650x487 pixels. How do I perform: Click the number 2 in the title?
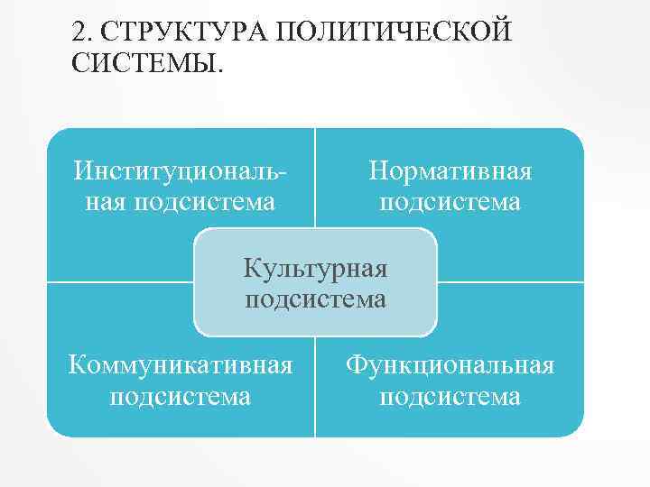pyautogui.click(x=80, y=32)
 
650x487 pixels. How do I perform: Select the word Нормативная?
pyautogui.click(x=450, y=170)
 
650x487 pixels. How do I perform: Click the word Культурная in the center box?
pyautogui.click(x=315, y=267)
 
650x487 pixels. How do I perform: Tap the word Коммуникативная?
pyautogui.click(x=181, y=365)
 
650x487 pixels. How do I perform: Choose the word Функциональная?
pyautogui.click(x=450, y=365)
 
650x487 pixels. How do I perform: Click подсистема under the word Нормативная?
pyautogui.click(x=450, y=202)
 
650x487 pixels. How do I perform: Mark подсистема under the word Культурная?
pyautogui.click(x=315, y=299)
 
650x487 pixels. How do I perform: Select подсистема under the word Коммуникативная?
pyautogui.click(x=181, y=397)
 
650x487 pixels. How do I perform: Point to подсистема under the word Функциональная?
pyautogui.click(x=450, y=397)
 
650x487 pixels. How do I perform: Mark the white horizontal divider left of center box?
pyautogui.click(x=117, y=282)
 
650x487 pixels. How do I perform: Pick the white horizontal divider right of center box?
pyautogui.click(x=511, y=282)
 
